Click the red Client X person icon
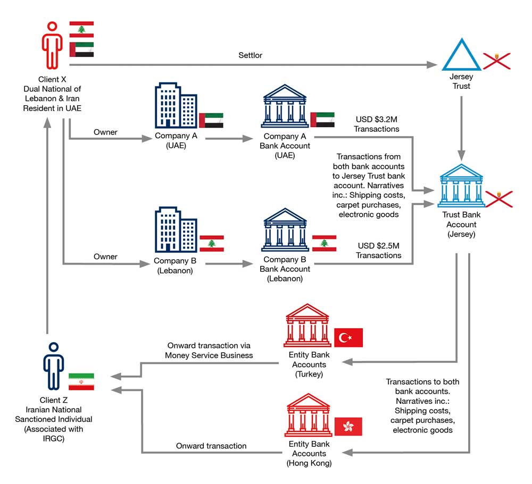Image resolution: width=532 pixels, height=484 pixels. click(x=52, y=45)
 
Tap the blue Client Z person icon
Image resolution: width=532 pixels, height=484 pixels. click(x=53, y=367)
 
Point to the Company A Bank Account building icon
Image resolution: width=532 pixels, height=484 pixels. click(x=285, y=106)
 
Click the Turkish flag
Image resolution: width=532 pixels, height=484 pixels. click(x=348, y=337)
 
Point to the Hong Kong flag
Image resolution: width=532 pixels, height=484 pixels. click(x=348, y=426)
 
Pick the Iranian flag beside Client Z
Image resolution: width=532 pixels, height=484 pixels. click(x=81, y=381)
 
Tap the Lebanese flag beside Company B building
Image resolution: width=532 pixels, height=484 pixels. click(x=211, y=243)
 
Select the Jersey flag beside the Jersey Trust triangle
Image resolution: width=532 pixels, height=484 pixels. click(x=496, y=61)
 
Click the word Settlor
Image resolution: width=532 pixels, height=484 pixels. click(x=250, y=55)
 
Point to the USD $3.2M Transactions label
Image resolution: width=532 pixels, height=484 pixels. click(x=377, y=124)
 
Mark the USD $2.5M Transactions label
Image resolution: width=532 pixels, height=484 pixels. click(x=379, y=251)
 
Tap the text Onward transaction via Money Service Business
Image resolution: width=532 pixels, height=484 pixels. click(x=209, y=350)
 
